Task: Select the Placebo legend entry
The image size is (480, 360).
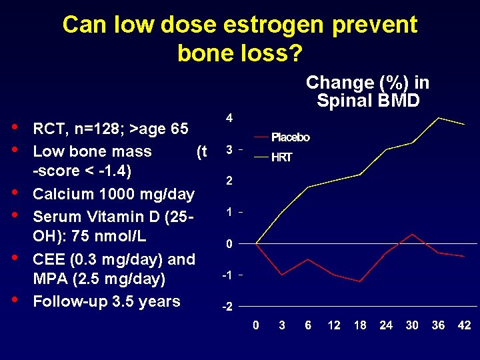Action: click(290, 137)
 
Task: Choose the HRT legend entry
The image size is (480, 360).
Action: click(281, 158)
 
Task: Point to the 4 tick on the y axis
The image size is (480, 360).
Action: click(229, 118)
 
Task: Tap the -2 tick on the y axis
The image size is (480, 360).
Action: click(227, 307)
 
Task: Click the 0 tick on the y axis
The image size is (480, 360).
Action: click(229, 244)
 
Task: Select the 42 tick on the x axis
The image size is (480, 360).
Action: click(465, 325)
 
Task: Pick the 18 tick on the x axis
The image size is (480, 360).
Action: click(360, 325)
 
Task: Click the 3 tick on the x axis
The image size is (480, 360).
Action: click(282, 325)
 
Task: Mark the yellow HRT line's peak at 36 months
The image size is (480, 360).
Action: click(438, 118)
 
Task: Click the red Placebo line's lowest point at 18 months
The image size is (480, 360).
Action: click(360, 281)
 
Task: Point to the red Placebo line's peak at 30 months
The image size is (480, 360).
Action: click(413, 235)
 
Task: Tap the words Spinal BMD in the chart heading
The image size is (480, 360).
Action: click(368, 101)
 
